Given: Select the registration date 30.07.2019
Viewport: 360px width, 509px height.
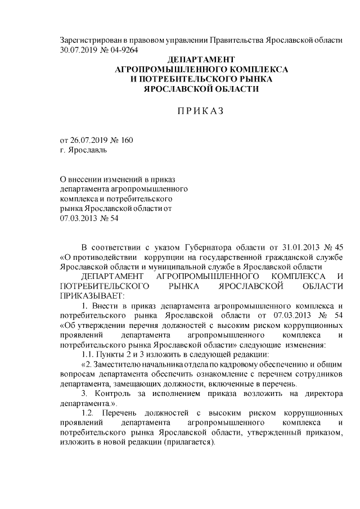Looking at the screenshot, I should coord(80,49).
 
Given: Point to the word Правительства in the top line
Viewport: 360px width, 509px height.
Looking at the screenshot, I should coord(234,40).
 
